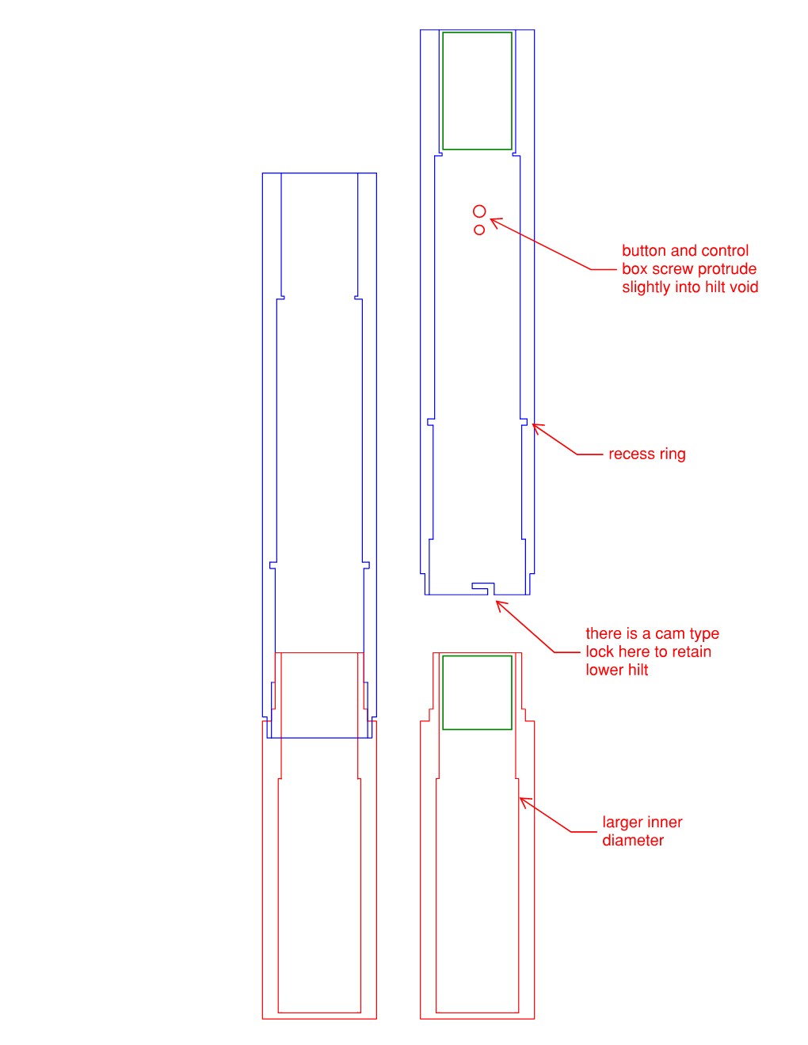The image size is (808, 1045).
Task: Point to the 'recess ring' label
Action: point(646,454)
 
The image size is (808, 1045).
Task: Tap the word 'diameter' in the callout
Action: point(633,840)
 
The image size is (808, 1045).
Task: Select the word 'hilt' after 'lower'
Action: point(638,670)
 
